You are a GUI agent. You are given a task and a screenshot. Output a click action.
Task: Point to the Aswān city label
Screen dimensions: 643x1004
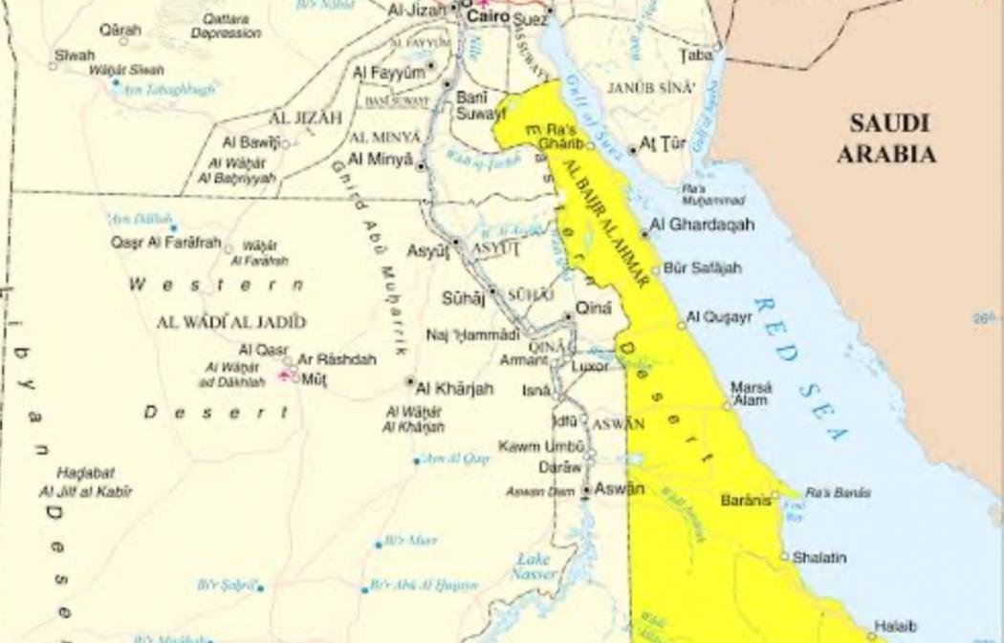(x=619, y=489)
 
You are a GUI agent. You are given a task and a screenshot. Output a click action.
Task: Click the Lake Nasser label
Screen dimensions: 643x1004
(x=534, y=568)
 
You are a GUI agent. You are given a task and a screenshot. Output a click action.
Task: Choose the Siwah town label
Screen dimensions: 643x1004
(x=75, y=55)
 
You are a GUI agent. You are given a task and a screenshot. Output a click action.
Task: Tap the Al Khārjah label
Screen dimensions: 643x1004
(x=455, y=388)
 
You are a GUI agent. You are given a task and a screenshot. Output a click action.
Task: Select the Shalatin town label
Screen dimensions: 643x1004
(x=819, y=557)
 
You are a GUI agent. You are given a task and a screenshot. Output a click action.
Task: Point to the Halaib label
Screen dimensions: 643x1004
(x=897, y=627)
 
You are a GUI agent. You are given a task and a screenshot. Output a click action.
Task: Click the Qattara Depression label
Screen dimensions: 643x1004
(x=226, y=26)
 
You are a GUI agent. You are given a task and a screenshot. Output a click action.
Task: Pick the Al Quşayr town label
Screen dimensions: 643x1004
(x=719, y=317)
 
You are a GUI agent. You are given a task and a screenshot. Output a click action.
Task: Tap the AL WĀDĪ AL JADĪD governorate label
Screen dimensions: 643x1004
(x=231, y=322)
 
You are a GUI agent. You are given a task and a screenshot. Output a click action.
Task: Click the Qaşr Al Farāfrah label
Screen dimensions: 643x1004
(x=166, y=243)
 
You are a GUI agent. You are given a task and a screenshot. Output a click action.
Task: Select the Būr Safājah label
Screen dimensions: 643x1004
(x=702, y=268)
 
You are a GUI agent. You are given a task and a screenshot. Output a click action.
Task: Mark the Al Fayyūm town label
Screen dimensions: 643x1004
(x=388, y=73)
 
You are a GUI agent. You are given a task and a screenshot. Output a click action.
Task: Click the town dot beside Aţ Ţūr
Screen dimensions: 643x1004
(x=632, y=150)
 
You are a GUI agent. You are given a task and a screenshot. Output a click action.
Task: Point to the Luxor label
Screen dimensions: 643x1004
(x=590, y=366)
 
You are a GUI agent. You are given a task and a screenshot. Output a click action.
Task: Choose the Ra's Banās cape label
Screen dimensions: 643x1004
(x=838, y=493)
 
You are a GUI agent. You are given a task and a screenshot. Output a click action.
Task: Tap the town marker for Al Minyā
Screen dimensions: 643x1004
(x=421, y=165)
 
